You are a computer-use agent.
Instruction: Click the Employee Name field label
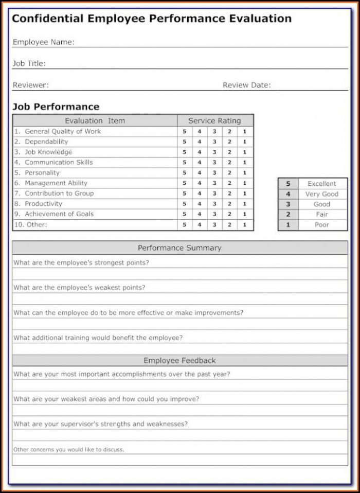43,42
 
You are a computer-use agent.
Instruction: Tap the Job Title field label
29,64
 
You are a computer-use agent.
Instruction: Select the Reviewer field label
30,85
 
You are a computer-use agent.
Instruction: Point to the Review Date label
246,85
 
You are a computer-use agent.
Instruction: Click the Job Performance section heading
56,107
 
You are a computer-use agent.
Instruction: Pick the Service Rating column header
214,121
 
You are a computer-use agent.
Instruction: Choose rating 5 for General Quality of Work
184,132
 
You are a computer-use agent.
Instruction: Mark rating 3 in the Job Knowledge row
214,152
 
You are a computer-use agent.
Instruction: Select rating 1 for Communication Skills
245,163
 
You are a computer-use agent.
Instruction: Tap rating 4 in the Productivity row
199,204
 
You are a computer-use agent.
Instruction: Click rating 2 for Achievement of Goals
229,214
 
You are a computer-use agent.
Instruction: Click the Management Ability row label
56,183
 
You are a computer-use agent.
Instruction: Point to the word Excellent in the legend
322,184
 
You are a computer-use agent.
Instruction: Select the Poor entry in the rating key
322,225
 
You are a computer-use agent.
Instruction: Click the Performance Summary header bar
179,248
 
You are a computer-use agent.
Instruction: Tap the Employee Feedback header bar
179,361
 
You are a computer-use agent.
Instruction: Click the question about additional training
98,338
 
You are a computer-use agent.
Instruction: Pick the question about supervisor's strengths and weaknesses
100,424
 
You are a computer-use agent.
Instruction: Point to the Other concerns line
68,449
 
